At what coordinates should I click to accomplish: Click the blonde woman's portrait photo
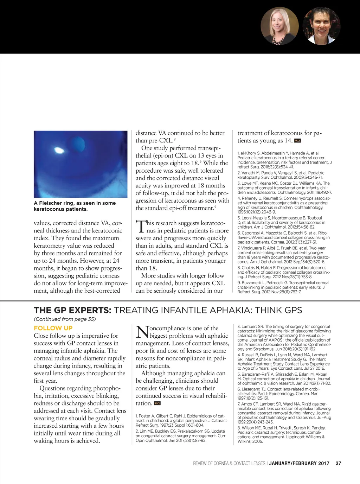[279, 26]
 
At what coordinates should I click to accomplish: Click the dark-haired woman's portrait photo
[321, 26]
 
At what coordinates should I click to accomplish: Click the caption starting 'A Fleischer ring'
[75, 206]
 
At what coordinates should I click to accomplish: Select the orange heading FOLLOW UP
[53, 328]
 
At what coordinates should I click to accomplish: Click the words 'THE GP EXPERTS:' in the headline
[72, 310]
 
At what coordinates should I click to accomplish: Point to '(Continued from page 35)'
[65, 319]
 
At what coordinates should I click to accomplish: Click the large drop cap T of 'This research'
[140, 226]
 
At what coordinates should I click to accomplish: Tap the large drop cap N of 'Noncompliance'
[142, 331]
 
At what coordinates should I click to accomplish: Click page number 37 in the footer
[338, 463]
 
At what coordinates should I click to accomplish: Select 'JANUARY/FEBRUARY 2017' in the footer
[299, 463]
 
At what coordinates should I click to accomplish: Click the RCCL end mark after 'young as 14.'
[298, 141]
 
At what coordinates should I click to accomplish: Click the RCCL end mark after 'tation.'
[157, 403]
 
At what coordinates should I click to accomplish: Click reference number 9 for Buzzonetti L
[239, 283]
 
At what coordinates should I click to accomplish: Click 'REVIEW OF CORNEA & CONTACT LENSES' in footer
[229, 463]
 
